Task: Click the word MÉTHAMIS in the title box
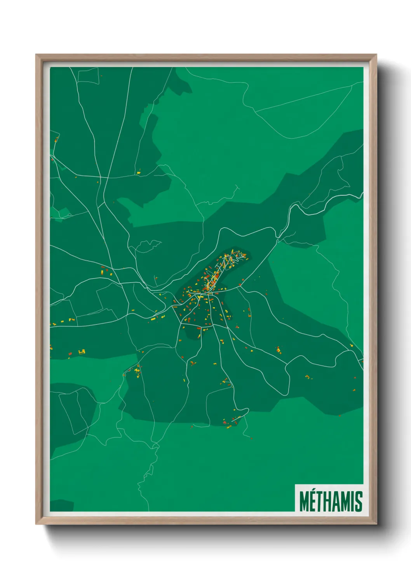(331, 502)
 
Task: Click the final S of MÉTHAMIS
(359, 502)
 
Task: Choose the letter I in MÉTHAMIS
(353, 502)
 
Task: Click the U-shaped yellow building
(82, 352)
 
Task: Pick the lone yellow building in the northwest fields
(138, 171)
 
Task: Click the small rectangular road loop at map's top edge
(88, 75)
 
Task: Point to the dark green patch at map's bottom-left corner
(61, 506)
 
